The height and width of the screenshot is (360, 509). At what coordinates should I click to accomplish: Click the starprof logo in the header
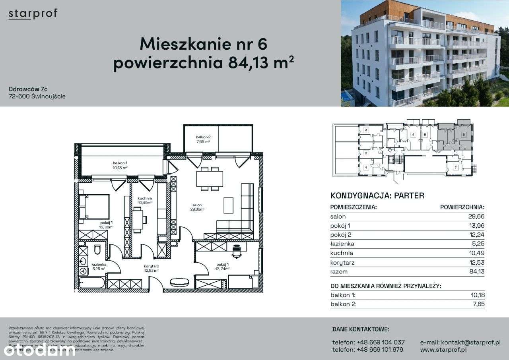pyautogui.click(x=33, y=14)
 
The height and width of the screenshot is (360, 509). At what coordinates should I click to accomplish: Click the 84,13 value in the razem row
pyautogui.click(x=476, y=272)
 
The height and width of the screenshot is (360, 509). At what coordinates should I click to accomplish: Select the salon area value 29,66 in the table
pyautogui.click(x=476, y=217)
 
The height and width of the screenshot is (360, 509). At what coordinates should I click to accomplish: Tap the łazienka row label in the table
pyautogui.click(x=342, y=244)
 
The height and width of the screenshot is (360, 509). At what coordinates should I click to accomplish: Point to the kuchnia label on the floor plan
pyautogui.click(x=145, y=198)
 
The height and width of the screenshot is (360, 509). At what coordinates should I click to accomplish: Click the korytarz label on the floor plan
pyautogui.click(x=152, y=267)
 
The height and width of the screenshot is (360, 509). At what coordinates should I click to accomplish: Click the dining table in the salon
pyautogui.click(x=210, y=179)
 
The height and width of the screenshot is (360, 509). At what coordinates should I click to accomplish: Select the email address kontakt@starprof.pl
pyautogui.click(x=460, y=342)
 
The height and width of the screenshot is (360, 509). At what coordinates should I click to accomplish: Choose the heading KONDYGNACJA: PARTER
pyautogui.click(x=377, y=195)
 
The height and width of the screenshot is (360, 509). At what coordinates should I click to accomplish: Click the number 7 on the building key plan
pyautogui.click(x=456, y=168)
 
